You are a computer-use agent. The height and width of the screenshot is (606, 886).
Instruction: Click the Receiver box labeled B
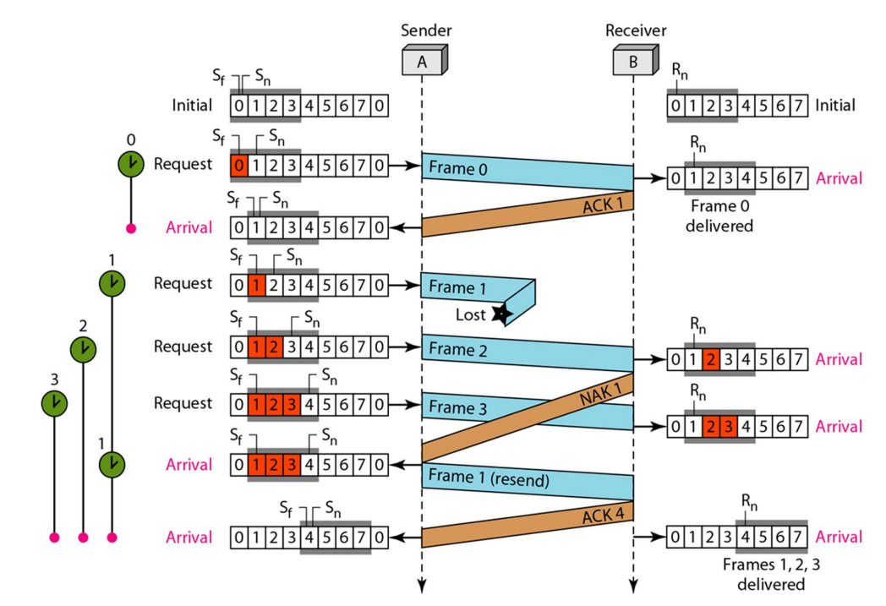tap(636, 60)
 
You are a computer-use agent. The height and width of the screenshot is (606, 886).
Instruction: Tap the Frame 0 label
tap(457, 168)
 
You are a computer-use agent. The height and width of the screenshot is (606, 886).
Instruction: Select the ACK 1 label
tap(603, 205)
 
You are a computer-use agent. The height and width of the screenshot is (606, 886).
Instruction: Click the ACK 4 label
tap(604, 515)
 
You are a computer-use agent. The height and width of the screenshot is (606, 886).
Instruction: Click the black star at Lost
tap(501, 314)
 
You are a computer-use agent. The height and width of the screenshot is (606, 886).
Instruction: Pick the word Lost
tap(470, 314)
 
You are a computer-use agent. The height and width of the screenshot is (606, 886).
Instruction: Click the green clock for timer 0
tap(131, 164)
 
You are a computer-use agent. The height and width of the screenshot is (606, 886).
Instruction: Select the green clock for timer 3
tap(54, 403)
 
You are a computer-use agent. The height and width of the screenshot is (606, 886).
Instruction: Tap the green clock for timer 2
tap(83, 349)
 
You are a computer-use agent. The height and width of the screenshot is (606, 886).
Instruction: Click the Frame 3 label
tap(457, 407)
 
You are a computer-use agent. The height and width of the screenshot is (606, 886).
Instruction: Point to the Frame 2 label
tap(457, 350)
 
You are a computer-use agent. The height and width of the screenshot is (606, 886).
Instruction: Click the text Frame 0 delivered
tap(719, 216)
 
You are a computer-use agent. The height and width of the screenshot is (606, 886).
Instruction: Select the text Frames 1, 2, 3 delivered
tap(771, 574)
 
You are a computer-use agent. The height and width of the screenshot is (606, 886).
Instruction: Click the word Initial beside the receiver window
tap(835, 105)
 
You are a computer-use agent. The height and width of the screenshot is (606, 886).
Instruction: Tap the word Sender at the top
tap(426, 30)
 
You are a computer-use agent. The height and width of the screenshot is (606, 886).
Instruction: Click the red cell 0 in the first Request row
tap(239, 166)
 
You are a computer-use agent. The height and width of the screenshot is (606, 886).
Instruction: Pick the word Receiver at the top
tap(636, 30)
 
